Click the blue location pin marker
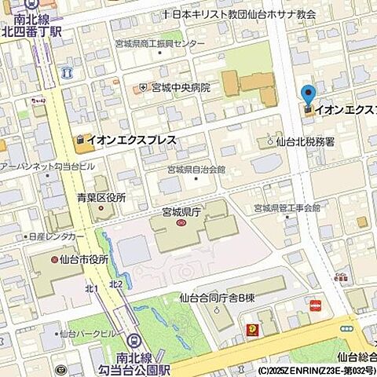click(308, 96)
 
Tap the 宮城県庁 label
click(181, 211)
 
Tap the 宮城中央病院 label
click(181, 87)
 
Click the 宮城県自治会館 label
click(196, 170)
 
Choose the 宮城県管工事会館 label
click(287, 208)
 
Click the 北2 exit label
click(115, 284)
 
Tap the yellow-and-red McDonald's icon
click(253, 330)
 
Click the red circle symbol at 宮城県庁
click(181, 223)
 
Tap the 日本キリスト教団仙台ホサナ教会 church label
click(243, 14)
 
